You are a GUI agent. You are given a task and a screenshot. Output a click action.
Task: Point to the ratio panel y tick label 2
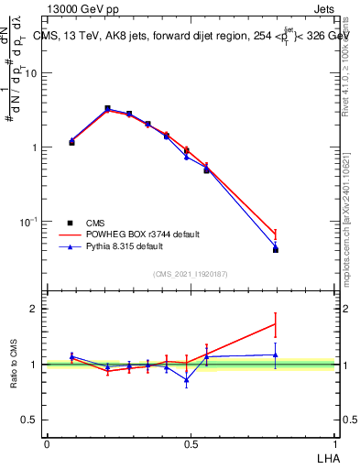click(35, 309)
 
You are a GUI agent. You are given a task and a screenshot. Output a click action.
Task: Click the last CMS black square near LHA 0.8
click(276, 249)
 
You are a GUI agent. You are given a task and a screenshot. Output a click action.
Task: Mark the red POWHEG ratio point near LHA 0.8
click(276, 323)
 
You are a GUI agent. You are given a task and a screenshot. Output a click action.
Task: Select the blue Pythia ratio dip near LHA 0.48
click(187, 379)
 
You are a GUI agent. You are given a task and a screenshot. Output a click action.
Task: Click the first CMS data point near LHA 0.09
click(71, 143)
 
